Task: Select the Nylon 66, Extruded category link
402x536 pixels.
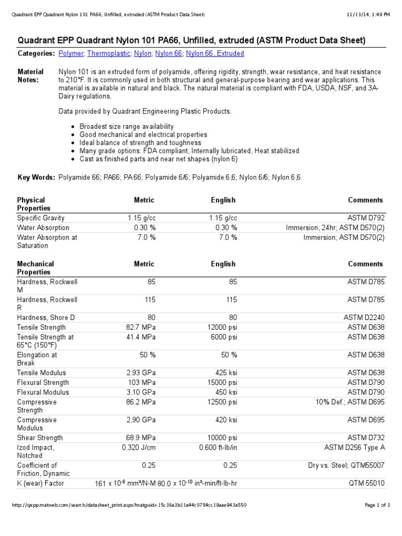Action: (215, 53)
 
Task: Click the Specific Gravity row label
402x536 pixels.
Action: (41, 218)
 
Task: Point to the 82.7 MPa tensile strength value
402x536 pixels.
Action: (140, 328)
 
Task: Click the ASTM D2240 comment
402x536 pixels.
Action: (364, 318)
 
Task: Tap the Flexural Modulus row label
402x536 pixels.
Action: (43, 392)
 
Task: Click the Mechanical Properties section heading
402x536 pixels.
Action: (35, 268)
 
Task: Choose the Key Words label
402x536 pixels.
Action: (36, 177)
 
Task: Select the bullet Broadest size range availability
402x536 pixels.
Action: (127, 127)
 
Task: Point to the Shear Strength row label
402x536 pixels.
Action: (40, 438)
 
